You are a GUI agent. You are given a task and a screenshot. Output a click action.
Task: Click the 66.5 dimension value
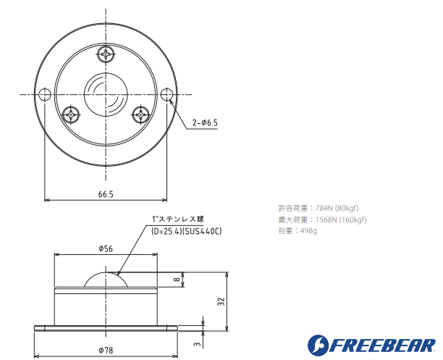click(x=106, y=193)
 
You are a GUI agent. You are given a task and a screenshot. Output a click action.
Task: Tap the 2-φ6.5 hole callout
click(x=205, y=122)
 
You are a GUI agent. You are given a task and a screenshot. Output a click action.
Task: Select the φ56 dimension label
click(x=106, y=248)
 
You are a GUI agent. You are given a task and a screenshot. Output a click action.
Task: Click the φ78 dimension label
click(x=106, y=351)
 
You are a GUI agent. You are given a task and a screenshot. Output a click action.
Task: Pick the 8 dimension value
click(x=177, y=280)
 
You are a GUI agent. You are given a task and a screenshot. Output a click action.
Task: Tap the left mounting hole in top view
click(x=45, y=94)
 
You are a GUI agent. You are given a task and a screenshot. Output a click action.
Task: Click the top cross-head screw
click(x=106, y=53)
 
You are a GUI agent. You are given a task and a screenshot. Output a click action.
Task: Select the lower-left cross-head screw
click(x=71, y=114)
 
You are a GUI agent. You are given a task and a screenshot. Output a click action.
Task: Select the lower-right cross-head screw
click(x=141, y=114)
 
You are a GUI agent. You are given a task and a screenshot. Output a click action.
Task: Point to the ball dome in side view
click(x=106, y=280)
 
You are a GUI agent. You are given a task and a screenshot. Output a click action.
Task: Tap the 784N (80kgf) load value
click(x=337, y=207)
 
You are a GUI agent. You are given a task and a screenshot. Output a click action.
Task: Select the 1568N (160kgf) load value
click(x=342, y=219)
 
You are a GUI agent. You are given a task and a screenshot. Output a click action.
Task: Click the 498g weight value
click(x=308, y=230)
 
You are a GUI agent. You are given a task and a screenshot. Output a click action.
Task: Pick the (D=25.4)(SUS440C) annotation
click(x=186, y=230)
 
